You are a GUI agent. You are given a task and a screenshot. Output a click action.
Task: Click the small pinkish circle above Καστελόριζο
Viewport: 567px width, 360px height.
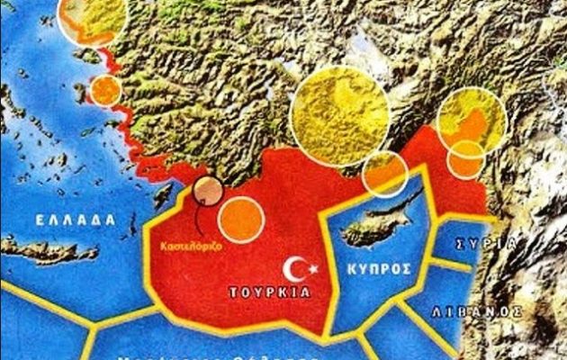[x=208, y=192]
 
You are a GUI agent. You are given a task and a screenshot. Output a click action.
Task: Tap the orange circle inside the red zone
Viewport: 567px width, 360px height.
[x=240, y=219]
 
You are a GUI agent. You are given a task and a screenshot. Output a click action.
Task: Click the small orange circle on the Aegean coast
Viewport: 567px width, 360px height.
[x=105, y=90]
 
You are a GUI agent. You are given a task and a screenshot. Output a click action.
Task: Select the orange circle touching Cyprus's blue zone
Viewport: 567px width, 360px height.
[x=385, y=174]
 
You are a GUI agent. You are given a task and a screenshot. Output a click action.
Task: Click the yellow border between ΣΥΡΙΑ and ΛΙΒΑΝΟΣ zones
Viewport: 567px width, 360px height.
[x=450, y=264]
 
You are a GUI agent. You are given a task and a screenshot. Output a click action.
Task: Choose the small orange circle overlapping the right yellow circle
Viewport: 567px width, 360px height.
[x=465, y=159]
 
